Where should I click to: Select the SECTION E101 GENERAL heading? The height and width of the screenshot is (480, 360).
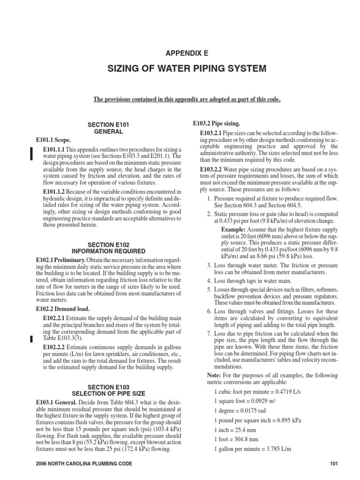[x=108, y=128]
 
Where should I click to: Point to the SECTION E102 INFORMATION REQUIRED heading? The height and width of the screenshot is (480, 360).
[x=108, y=247]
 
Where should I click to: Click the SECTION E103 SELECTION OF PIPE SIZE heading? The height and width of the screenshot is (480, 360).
[x=108, y=390]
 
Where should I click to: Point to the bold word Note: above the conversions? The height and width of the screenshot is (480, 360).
[x=215, y=375]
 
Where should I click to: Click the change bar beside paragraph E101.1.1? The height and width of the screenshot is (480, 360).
[x=31, y=154]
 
